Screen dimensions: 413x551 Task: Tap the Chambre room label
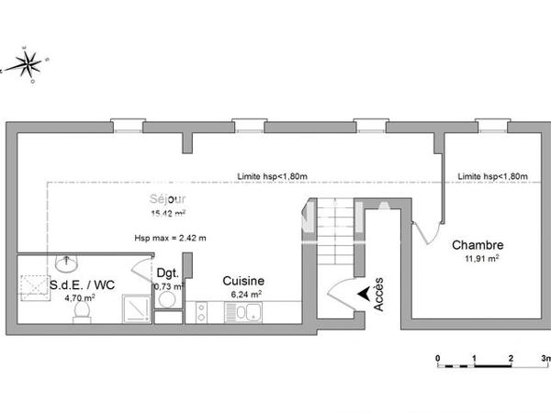[x=477, y=246]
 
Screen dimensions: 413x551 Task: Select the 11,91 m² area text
[x=480, y=260]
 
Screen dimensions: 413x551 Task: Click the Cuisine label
[x=243, y=281]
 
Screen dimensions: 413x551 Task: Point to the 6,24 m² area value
[x=243, y=295]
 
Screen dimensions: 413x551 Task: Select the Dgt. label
[x=166, y=273]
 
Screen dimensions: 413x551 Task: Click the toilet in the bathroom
[x=80, y=314]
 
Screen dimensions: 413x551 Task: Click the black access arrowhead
[x=364, y=294]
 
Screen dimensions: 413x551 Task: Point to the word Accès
[x=379, y=294]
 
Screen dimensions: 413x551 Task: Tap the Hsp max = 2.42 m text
[x=170, y=239]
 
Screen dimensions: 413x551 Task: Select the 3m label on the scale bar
[x=544, y=357]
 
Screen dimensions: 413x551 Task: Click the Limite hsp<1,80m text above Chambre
[x=492, y=176]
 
